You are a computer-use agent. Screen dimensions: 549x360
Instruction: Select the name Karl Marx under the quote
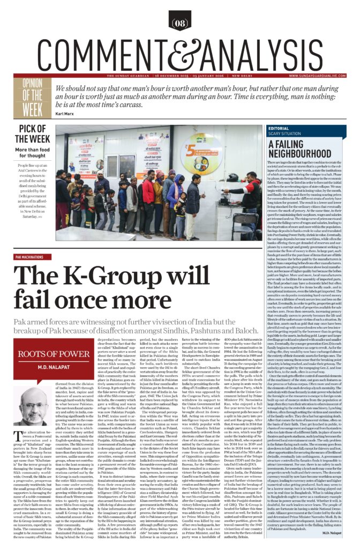[65, 114]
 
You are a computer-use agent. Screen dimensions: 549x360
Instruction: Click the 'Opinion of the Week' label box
[33, 97]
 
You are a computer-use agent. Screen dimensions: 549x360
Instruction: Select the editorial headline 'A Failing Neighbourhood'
[298, 149]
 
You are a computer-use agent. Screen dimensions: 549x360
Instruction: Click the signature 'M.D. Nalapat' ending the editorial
[335, 532]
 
